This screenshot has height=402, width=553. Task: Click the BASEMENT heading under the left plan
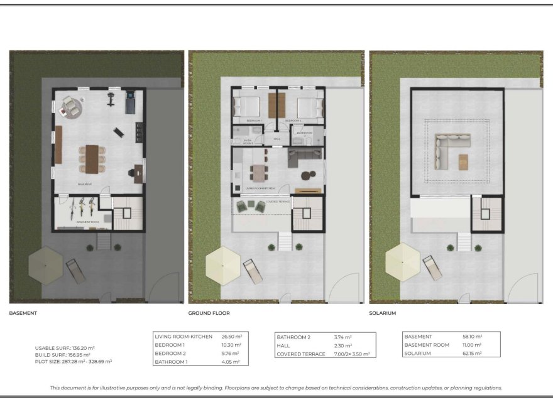pyautogui.click(x=23, y=313)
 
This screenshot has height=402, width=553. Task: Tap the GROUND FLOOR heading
pyautogui.click(x=209, y=313)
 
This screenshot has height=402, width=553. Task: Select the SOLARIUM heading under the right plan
pyautogui.click(x=383, y=313)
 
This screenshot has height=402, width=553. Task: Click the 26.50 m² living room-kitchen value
pyautogui.click(x=232, y=337)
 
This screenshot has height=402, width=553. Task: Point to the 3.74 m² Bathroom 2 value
pyautogui.click(x=342, y=337)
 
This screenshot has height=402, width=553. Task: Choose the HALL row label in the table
pyautogui.click(x=283, y=345)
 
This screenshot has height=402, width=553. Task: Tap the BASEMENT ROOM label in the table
pyautogui.click(x=427, y=345)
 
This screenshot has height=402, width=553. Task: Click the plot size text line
pyautogui.click(x=74, y=362)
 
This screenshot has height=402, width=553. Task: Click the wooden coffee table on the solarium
pyautogui.click(x=464, y=161)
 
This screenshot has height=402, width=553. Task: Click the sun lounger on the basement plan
pyautogui.click(x=75, y=270)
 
